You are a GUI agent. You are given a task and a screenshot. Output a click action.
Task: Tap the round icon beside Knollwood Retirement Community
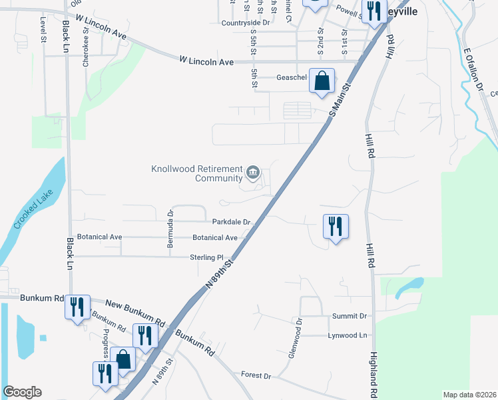pyautogui.click(x=253, y=173)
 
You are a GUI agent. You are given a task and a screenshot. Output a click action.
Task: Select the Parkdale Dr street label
pyautogui.click(x=231, y=222)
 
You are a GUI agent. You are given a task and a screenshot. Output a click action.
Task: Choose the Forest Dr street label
pyautogui.click(x=256, y=375)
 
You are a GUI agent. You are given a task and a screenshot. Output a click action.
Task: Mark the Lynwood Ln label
pyautogui.click(x=348, y=335)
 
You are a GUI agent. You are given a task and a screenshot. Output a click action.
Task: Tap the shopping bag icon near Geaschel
pyautogui.click(x=322, y=81)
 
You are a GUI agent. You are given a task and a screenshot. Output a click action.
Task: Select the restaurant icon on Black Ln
pyautogui.click(x=78, y=307)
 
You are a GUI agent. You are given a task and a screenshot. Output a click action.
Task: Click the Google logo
pyautogui.click(x=22, y=392)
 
